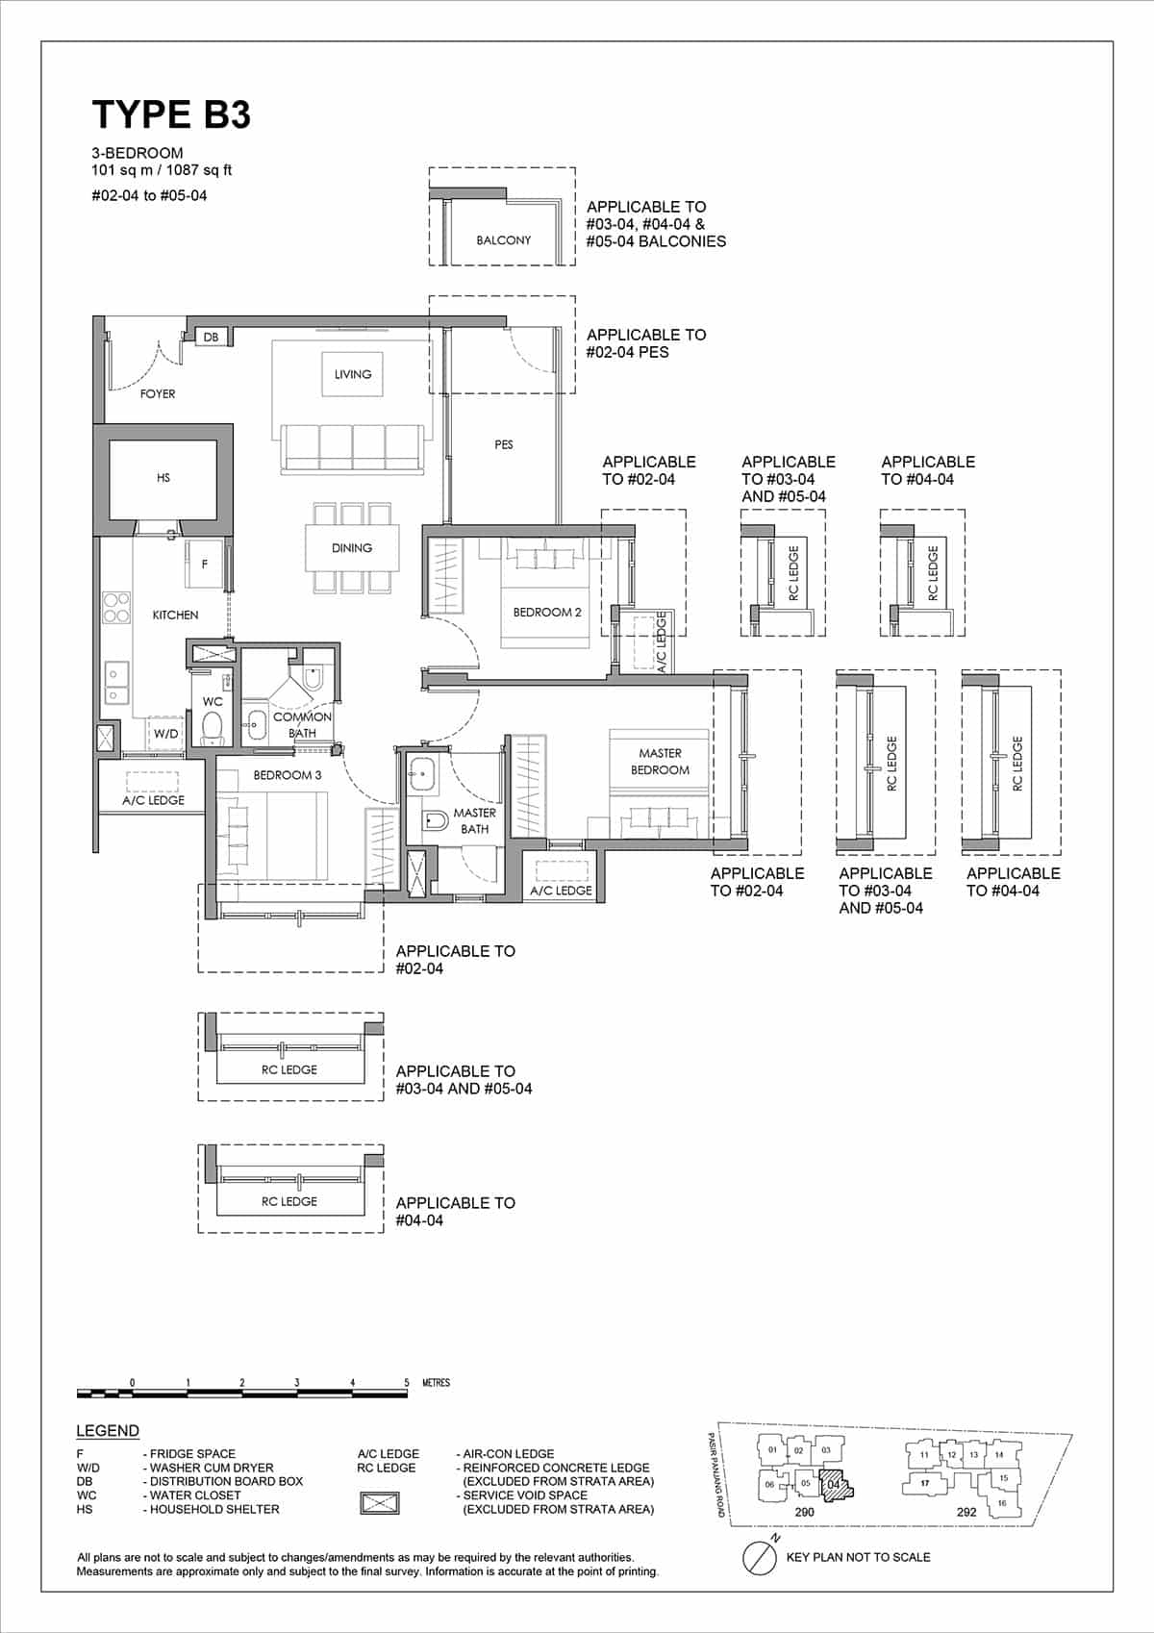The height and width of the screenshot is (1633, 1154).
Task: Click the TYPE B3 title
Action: coord(171,114)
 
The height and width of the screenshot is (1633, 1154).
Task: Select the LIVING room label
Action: coord(352,374)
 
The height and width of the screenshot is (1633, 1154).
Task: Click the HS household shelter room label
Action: coord(163,477)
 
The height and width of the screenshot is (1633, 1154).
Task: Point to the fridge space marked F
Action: coord(204,565)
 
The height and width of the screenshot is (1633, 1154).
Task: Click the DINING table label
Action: coord(351,547)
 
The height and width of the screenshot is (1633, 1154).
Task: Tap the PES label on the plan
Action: coord(503,444)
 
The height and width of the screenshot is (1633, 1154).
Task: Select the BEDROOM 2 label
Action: coord(546,612)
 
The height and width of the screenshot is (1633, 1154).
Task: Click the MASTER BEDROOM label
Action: coord(660,762)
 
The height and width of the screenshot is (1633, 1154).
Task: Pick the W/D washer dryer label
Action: coord(165,733)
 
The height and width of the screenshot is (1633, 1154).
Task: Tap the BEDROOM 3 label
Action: coord(287,774)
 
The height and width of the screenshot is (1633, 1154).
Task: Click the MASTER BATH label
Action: coord(474,820)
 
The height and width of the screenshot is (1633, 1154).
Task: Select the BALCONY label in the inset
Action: coord(503,239)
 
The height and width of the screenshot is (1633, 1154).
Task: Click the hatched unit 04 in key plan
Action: coord(835,1484)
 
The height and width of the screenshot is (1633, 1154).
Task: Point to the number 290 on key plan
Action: coord(804,1512)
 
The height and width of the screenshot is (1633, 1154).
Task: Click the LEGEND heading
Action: coord(108,1430)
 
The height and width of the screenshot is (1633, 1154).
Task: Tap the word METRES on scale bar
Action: coord(436,1383)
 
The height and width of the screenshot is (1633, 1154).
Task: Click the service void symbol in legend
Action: coord(379,1502)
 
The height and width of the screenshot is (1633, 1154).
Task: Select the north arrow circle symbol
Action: coord(760,1557)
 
